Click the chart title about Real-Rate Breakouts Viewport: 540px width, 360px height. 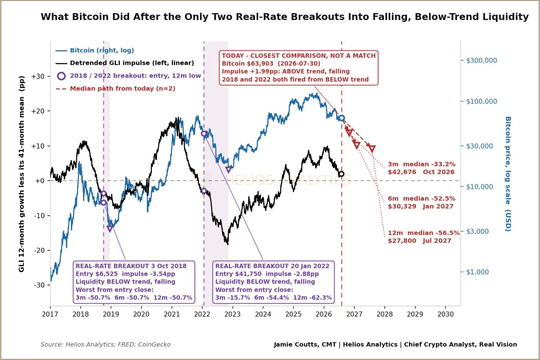(x=285, y=17)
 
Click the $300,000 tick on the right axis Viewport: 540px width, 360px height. (x=481, y=60)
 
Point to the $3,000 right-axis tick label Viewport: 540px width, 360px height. (x=477, y=231)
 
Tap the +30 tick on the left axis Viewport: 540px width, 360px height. (x=38, y=76)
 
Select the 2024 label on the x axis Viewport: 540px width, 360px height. (x=263, y=314)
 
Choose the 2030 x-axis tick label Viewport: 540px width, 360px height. (x=445, y=314)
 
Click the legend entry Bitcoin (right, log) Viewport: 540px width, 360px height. (x=95, y=50)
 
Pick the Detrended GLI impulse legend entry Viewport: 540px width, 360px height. (x=125, y=63)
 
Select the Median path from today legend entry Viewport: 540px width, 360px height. (x=115, y=88)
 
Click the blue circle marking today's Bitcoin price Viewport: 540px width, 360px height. (x=342, y=118)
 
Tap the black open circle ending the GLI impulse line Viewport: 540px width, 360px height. (x=341, y=174)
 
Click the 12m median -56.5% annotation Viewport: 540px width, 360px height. (x=424, y=237)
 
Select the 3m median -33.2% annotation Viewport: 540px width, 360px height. (x=421, y=168)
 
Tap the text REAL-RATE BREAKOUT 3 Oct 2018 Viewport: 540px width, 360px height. (x=131, y=266)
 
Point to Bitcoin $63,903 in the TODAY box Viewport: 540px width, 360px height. (x=248, y=63)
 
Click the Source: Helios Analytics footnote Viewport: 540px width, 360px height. (x=106, y=344)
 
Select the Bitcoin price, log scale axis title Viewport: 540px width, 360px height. (x=508, y=174)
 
